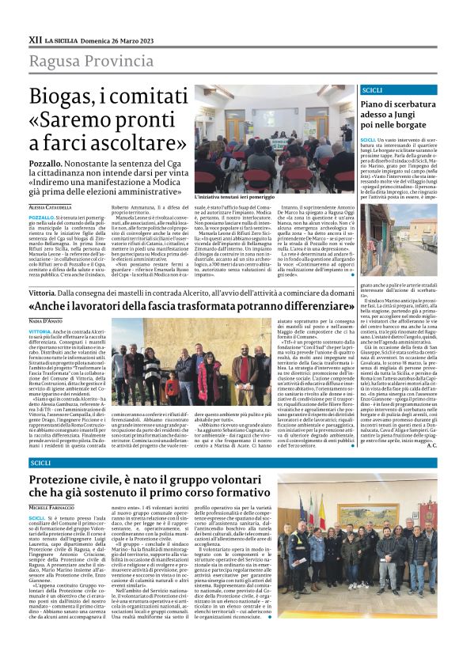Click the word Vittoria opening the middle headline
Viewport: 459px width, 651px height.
click(x=42, y=293)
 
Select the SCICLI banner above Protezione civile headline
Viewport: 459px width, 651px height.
click(x=40, y=462)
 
